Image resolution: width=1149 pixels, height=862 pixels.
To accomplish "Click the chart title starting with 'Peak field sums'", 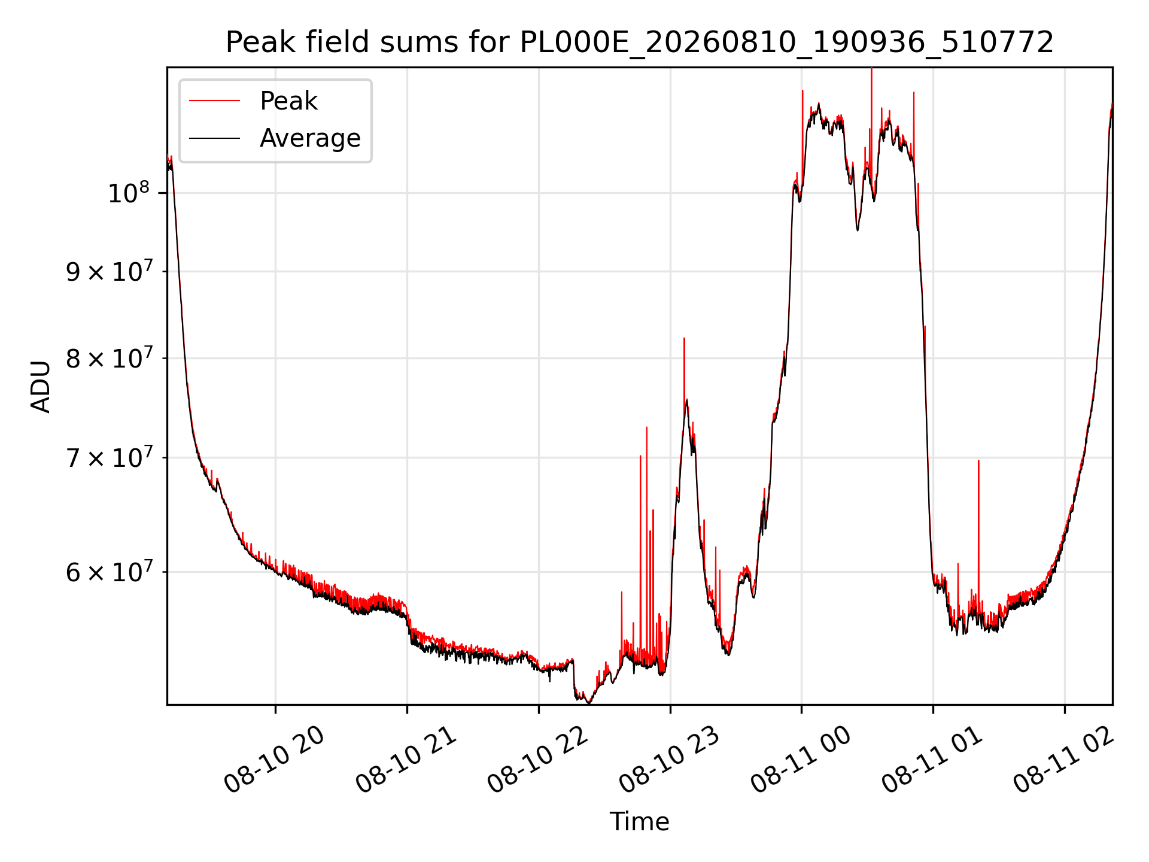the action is (639, 43).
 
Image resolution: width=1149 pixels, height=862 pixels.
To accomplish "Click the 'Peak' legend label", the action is (288, 101).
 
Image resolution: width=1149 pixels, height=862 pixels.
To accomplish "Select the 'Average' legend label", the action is (310, 138).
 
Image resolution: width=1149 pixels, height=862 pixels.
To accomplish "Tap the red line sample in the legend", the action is (214, 101).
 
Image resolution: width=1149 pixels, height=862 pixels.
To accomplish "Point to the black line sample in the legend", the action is (214, 138).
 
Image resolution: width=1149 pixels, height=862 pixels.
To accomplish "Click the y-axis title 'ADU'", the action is (41, 386).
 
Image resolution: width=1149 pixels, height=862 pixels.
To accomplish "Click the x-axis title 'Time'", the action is (639, 822).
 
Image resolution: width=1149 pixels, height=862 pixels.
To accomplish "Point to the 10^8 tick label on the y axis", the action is (128, 193).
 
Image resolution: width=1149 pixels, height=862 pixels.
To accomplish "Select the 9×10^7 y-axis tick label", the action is (108, 271).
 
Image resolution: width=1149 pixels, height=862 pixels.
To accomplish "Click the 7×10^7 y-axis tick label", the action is (108, 457).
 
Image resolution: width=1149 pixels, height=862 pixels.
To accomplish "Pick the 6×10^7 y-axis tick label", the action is (108, 572).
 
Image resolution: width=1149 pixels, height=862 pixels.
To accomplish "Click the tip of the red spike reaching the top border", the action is (871, 68).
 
